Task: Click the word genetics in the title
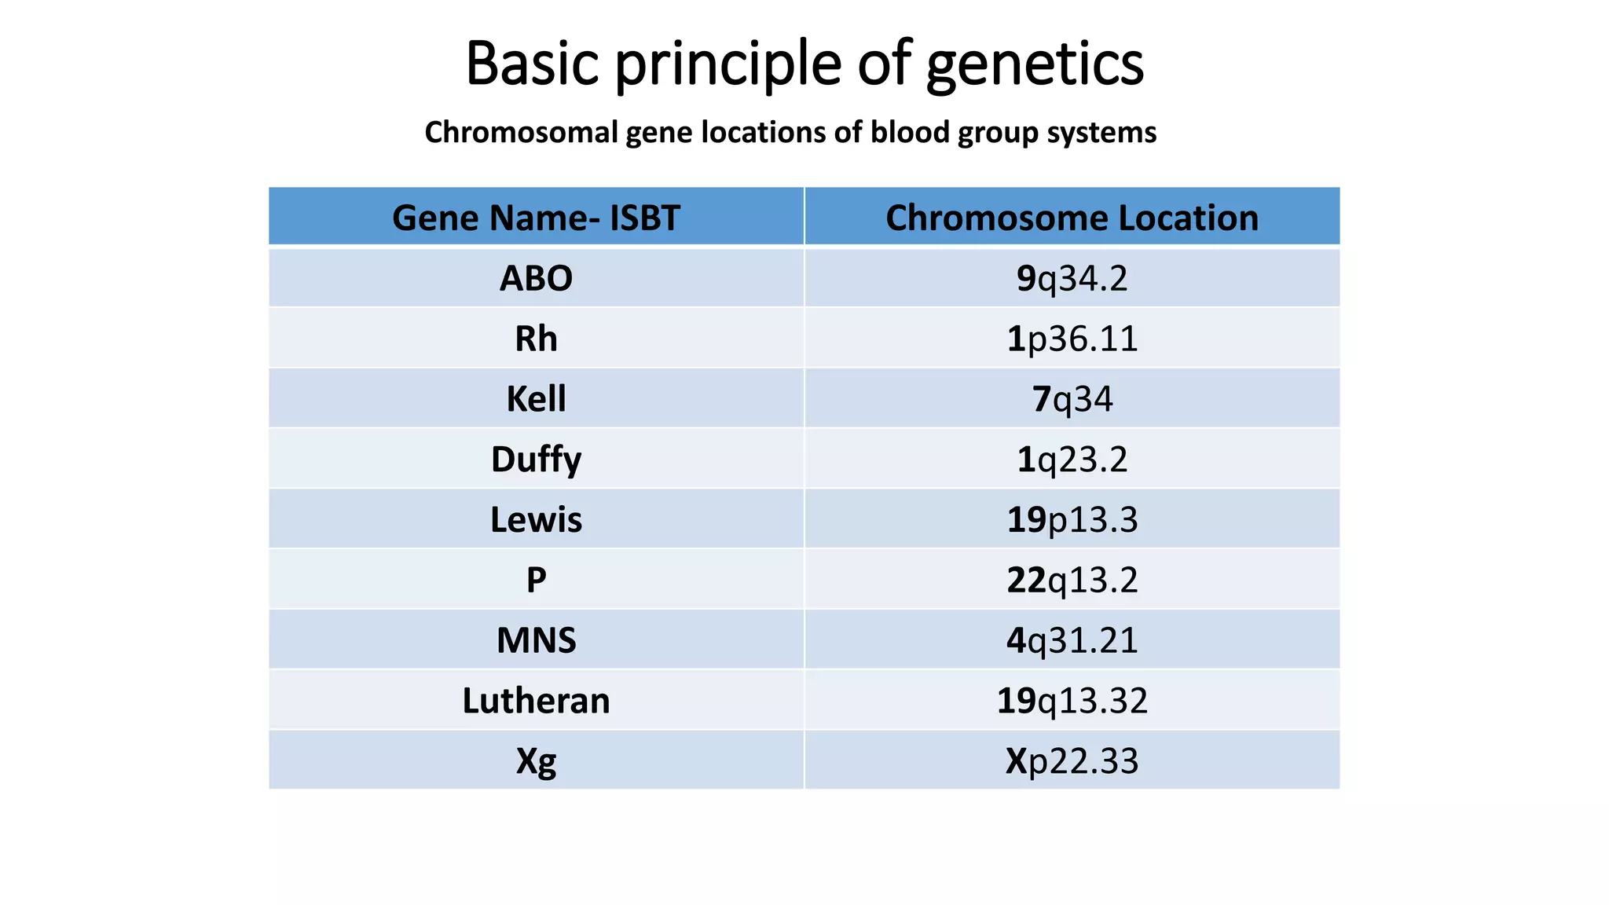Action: click(x=1035, y=64)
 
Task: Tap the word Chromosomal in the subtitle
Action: click(x=522, y=132)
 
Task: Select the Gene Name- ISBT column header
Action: click(x=536, y=218)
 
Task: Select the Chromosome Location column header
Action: click(x=1072, y=218)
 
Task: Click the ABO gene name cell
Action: click(x=536, y=278)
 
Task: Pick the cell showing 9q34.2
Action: click(x=1072, y=278)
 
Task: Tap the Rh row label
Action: click(x=536, y=339)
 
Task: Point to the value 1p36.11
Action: click(x=1072, y=339)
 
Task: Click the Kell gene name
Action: click(x=536, y=399)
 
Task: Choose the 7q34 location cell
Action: click(x=1072, y=399)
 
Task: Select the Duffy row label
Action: click(x=536, y=460)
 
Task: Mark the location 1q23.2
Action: click(x=1072, y=460)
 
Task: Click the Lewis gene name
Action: click(x=536, y=520)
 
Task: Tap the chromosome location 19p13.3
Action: click(x=1072, y=520)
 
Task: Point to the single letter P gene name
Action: click(x=536, y=580)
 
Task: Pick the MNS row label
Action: click(x=536, y=640)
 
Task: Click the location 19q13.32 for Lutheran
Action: click(x=1072, y=701)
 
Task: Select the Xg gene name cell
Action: click(x=536, y=760)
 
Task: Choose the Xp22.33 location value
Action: click(x=1072, y=760)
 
